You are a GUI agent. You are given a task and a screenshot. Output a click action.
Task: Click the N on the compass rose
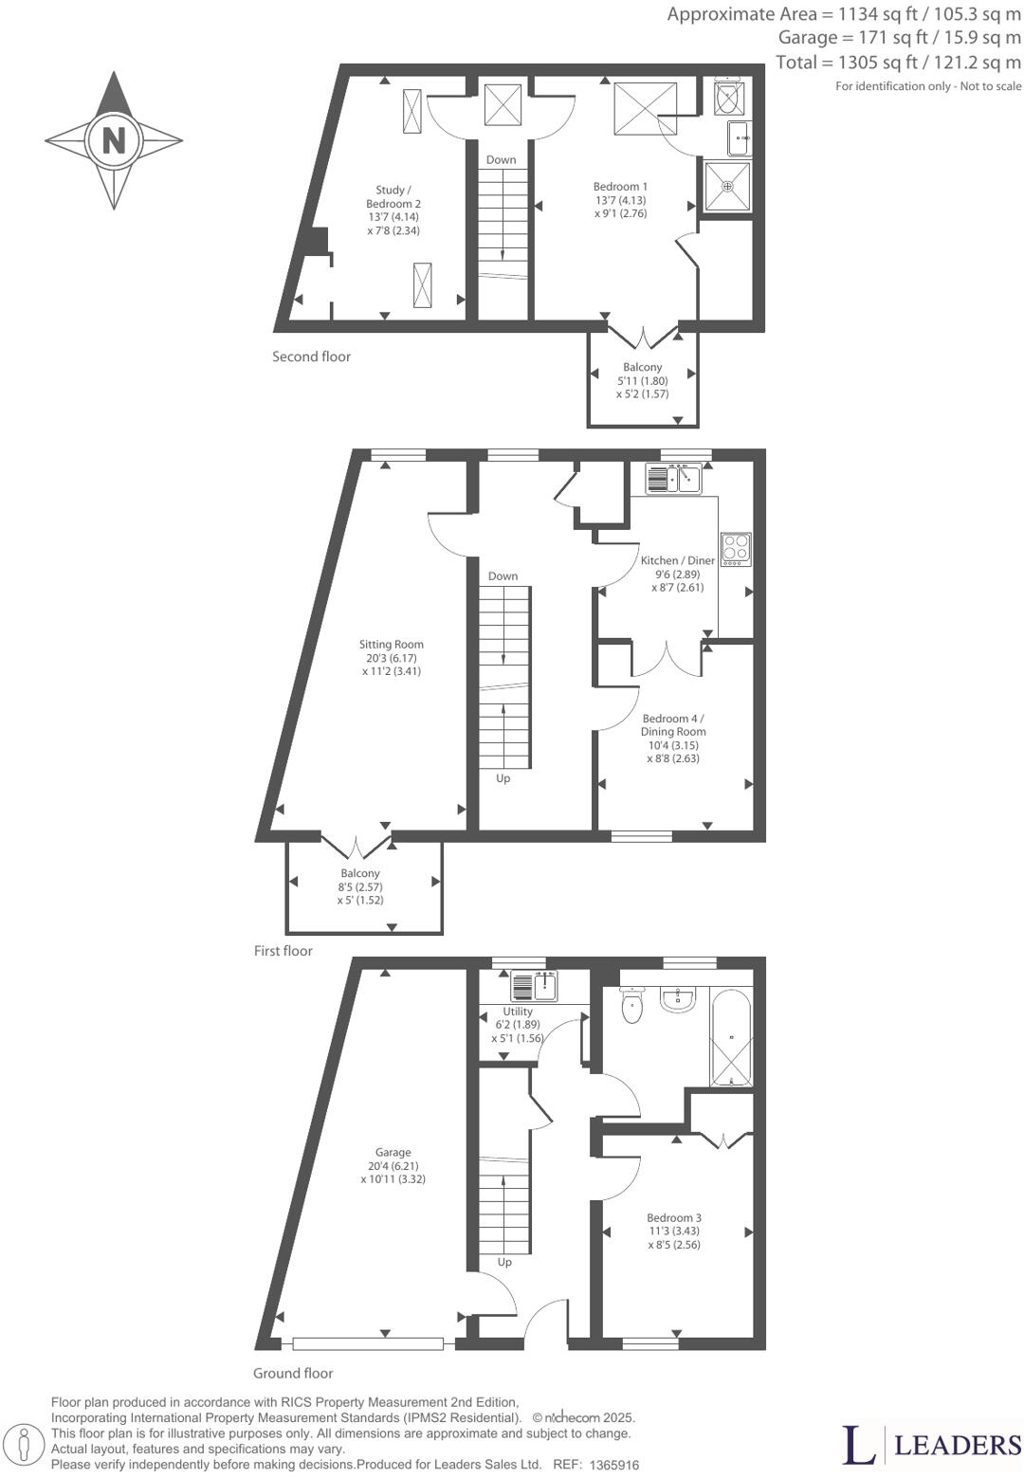(114, 140)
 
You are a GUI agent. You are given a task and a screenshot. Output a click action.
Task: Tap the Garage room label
(393, 1166)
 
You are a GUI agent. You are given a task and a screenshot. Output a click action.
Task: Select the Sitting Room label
(392, 658)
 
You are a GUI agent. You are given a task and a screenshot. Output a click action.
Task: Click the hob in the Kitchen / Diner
(736, 549)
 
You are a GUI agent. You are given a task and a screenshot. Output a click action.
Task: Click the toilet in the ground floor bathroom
(632, 1006)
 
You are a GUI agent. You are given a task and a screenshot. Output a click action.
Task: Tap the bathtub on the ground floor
(731, 1038)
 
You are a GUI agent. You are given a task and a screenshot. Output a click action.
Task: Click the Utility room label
(518, 1024)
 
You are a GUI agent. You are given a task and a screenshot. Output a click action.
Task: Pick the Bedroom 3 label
(674, 1231)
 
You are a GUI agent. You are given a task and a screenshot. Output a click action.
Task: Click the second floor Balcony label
(642, 380)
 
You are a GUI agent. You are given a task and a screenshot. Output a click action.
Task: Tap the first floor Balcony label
(360, 886)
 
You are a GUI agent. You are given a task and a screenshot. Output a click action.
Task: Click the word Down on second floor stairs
(502, 159)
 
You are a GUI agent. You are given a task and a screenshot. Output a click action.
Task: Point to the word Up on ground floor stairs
(504, 1262)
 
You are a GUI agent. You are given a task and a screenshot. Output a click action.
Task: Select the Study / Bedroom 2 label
(393, 210)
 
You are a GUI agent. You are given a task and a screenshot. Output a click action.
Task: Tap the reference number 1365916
(614, 1465)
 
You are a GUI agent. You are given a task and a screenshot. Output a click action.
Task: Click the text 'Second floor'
(311, 356)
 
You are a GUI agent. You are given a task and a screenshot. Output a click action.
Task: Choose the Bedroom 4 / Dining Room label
(673, 738)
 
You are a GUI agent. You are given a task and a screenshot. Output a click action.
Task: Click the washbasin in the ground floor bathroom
(679, 999)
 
